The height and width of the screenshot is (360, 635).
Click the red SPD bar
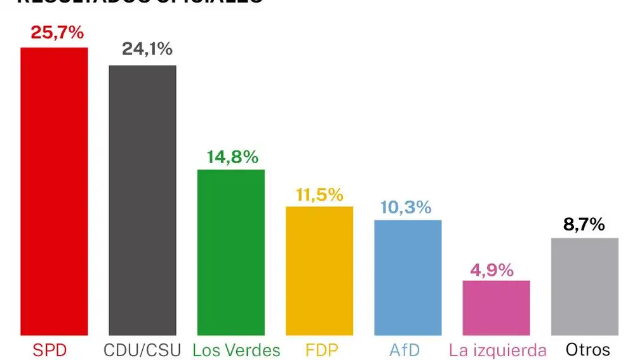[54, 191]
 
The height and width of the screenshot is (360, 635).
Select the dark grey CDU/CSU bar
[142, 200]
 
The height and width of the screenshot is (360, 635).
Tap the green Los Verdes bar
[231, 252]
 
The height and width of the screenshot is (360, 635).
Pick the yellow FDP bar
[319, 270]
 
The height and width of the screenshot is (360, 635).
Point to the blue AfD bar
[408, 277]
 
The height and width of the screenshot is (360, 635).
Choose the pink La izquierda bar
[496, 308]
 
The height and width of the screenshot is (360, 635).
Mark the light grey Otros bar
[584, 286]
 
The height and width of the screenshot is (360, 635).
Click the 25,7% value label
[57, 33]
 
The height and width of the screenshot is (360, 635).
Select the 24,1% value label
[147, 50]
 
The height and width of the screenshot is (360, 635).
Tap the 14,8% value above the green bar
[232, 157]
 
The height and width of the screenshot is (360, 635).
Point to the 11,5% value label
[319, 194]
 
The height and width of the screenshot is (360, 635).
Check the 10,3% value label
[406, 207]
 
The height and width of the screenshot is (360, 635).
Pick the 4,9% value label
[491, 270]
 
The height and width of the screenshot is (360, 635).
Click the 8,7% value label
[584, 224]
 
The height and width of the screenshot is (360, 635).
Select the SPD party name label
[50, 349]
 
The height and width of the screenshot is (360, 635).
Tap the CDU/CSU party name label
[142, 349]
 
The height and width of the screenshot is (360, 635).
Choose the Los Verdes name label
[236, 349]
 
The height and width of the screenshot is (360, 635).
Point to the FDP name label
[322, 349]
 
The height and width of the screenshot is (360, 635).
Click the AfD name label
[405, 349]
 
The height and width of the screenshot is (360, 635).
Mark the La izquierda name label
[497, 349]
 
